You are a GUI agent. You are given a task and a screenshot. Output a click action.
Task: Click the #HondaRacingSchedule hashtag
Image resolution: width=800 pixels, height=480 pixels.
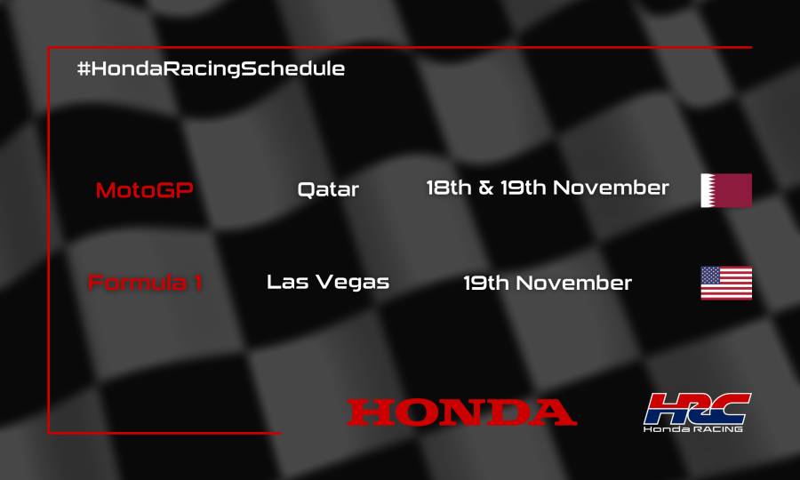click(x=211, y=68)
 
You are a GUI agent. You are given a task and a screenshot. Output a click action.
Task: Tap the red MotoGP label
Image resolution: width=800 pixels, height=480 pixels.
click(x=144, y=189)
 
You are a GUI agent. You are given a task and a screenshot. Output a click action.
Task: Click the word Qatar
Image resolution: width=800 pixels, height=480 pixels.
click(x=328, y=189)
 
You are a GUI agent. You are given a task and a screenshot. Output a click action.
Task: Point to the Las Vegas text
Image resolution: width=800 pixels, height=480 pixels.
click(x=328, y=283)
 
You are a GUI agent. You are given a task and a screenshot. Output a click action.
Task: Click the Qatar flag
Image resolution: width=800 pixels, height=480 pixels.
click(x=726, y=190)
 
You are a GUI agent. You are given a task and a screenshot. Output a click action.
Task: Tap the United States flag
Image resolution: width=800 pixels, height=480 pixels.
click(x=726, y=283)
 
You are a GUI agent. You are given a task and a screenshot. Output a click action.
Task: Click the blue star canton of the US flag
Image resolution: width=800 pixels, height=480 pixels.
click(x=711, y=275)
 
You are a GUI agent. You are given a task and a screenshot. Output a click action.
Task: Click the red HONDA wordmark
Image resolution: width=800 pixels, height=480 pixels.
click(x=461, y=412)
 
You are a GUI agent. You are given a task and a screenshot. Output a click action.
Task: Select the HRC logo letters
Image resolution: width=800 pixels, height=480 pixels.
click(x=697, y=408)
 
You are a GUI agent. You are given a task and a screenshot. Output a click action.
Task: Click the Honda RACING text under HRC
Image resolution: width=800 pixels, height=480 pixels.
click(x=694, y=428)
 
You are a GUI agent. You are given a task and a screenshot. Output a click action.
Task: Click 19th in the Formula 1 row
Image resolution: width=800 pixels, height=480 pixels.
click(x=486, y=284)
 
